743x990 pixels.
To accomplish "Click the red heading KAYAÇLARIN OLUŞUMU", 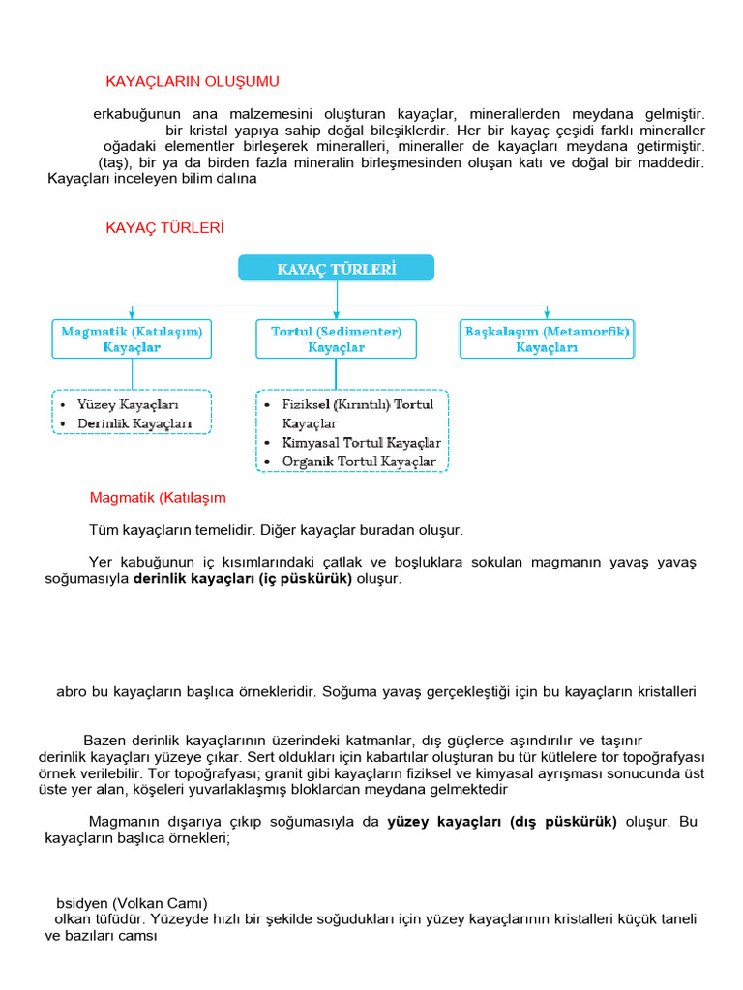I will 193,81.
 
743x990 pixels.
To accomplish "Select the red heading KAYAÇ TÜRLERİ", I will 164,227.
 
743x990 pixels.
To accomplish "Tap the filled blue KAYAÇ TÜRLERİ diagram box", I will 336,268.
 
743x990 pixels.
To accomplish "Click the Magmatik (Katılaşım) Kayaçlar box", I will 132,339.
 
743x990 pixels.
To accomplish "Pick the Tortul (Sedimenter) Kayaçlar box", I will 336,339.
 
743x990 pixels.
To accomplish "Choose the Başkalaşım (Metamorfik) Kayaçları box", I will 547,339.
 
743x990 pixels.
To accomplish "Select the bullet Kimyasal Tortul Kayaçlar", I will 361,443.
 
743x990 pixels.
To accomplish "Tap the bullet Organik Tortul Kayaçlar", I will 359,462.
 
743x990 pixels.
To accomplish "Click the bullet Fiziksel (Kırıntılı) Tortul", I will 358,404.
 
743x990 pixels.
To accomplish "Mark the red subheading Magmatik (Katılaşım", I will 158,498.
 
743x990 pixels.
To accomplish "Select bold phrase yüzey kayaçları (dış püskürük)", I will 502,822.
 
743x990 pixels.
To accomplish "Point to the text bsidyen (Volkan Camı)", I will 133,903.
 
